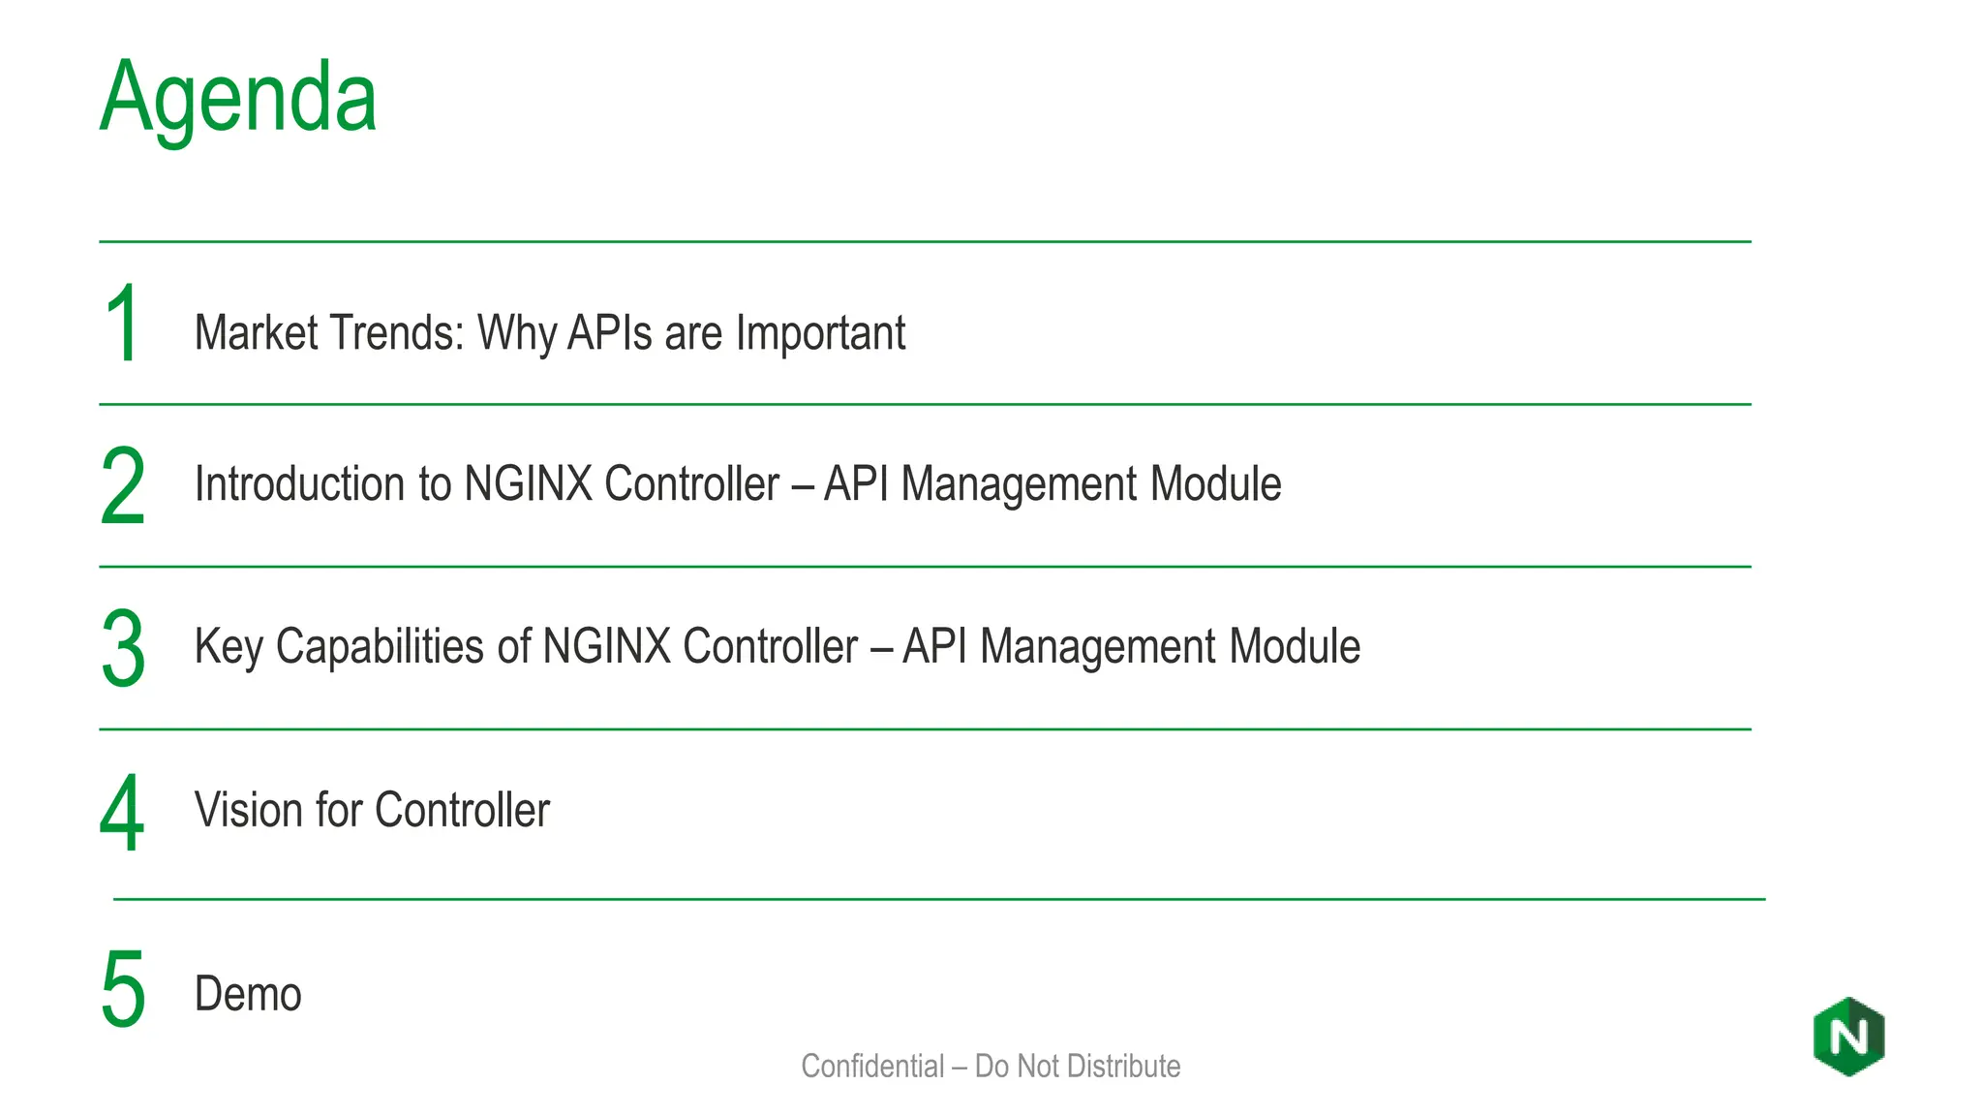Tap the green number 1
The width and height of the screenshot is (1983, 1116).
click(x=123, y=324)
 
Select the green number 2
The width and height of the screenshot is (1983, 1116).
click(x=123, y=485)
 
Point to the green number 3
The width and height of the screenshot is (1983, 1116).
click(x=123, y=648)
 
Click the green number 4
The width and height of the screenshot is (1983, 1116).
click(x=122, y=813)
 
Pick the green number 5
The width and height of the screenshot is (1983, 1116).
click(x=123, y=989)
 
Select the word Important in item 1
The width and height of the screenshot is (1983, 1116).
click(x=820, y=333)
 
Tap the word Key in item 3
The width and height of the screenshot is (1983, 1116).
click(x=229, y=647)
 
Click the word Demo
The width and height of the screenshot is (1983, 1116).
click(x=248, y=994)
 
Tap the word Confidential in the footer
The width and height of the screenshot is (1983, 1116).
click(x=872, y=1066)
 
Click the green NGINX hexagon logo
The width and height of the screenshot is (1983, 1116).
click(x=1848, y=1037)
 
